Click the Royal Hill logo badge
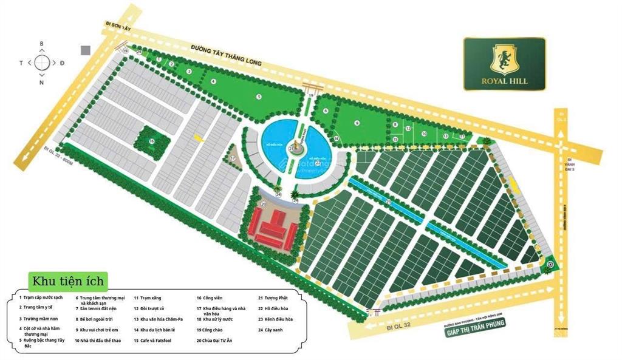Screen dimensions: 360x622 coord(504,64)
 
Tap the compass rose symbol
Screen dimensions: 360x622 coord(41,63)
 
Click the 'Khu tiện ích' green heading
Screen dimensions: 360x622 coord(69,281)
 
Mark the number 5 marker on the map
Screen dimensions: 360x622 coord(258,97)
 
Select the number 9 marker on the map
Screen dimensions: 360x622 coord(357,123)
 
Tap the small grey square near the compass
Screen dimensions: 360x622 coord(86,50)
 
